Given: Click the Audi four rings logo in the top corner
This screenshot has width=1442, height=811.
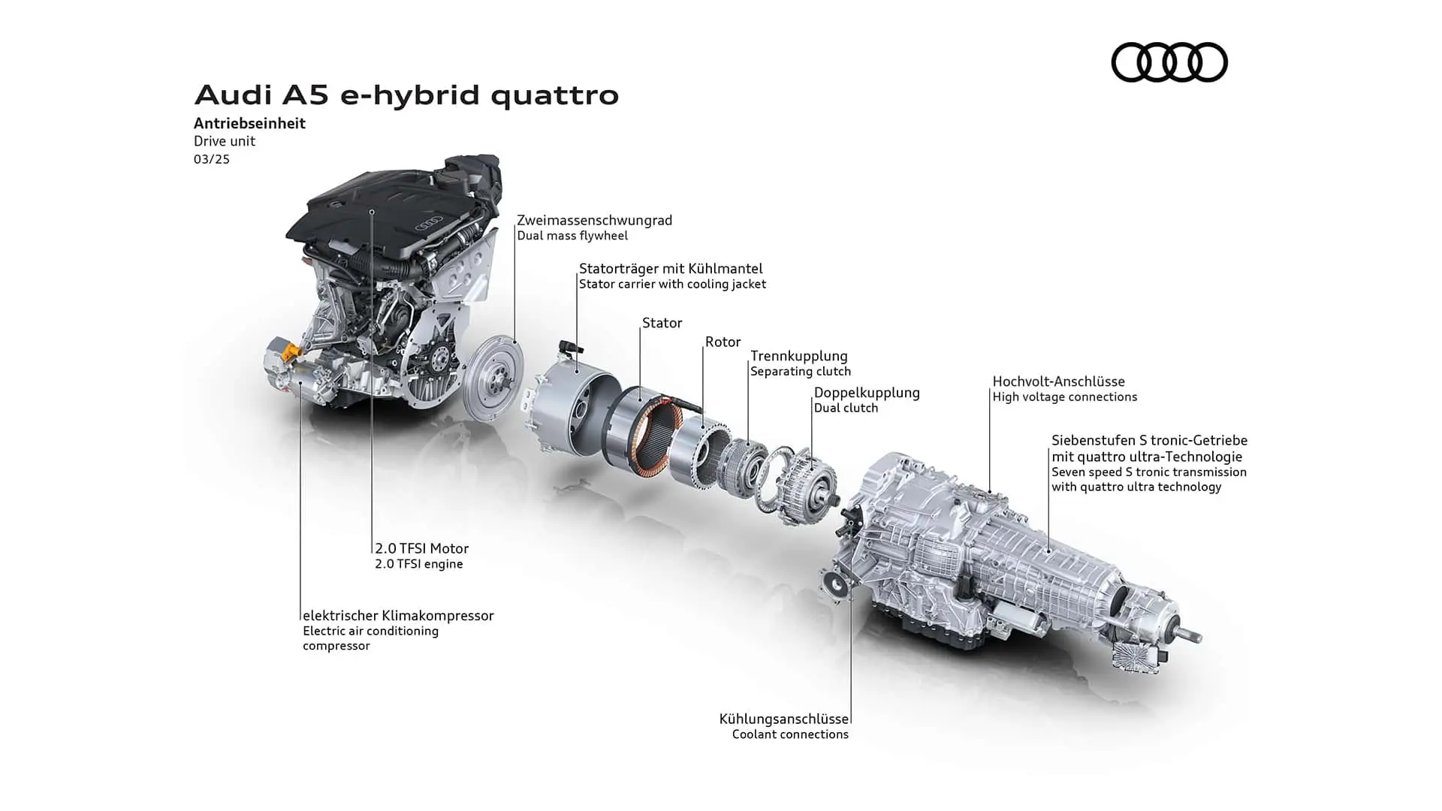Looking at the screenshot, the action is [x=1169, y=62].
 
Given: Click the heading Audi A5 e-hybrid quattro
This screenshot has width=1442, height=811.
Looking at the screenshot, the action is [x=406, y=95].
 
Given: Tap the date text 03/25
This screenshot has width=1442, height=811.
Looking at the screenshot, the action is [x=212, y=159].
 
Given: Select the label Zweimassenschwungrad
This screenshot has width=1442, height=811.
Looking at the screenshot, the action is [x=594, y=220].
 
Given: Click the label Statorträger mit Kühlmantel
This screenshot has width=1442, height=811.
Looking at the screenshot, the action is [x=671, y=268].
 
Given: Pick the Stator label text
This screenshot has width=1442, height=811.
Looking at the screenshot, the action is [x=662, y=323].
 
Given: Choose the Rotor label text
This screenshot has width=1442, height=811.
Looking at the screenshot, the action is [x=723, y=342].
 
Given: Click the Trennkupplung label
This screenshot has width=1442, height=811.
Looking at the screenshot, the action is [x=799, y=356].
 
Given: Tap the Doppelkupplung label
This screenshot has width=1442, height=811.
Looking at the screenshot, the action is [x=867, y=393].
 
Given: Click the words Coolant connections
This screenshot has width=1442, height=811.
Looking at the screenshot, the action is [x=790, y=734].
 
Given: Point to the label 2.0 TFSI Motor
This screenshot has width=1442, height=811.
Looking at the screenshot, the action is [x=422, y=549].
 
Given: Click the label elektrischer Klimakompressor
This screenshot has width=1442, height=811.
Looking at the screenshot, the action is [x=398, y=616].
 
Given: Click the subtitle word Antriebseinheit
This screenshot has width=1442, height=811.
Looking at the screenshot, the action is [x=249, y=123].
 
